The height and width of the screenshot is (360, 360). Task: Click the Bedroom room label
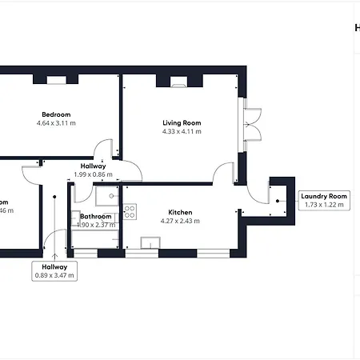click(56, 114)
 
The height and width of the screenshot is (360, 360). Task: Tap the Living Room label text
click(182, 122)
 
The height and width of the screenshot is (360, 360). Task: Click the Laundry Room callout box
click(324, 200)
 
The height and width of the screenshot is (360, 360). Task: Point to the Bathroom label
click(95, 216)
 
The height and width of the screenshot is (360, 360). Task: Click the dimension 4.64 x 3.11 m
click(56, 123)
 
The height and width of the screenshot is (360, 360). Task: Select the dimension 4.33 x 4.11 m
click(182, 131)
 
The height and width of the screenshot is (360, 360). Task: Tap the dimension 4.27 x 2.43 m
click(180, 221)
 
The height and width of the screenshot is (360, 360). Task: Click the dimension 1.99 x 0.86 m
click(93, 174)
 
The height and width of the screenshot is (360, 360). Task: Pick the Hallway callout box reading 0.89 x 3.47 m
click(54, 271)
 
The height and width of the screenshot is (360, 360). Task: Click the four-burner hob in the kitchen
click(129, 212)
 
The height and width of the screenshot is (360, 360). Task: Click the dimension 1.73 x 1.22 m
click(324, 205)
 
